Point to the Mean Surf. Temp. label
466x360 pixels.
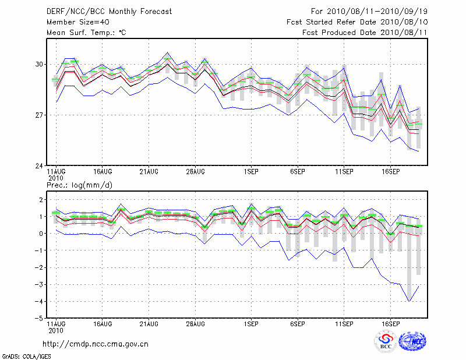[86, 33]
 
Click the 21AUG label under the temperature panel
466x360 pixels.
[149, 172]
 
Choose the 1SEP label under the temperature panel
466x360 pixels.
[251, 172]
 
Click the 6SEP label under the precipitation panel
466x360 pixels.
[297, 324]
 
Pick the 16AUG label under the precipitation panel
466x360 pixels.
[102, 324]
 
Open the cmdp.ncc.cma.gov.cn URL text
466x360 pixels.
[96, 344]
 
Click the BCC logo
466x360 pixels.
[385, 342]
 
